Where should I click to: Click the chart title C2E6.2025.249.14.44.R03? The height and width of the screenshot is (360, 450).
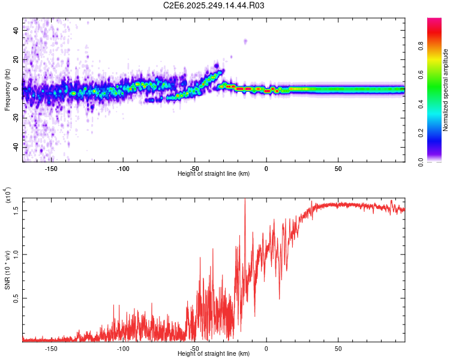pyautogui.click(x=214, y=6)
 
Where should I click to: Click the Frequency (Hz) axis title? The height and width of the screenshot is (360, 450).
pyautogui.click(x=7, y=91)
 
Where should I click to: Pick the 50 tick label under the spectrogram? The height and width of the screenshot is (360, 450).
pyautogui.click(x=338, y=169)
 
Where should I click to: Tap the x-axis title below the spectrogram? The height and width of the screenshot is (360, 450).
pyautogui.click(x=214, y=174)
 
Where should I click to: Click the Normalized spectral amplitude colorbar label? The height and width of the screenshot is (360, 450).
pyautogui.click(x=446, y=90)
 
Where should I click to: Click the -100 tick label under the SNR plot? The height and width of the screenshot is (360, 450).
pyautogui.click(x=122, y=349)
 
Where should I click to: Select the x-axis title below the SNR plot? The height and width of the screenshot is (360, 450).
pyautogui.click(x=214, y=354)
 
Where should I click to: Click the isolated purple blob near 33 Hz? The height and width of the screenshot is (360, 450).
pyautogui.click(x=245, y=41)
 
